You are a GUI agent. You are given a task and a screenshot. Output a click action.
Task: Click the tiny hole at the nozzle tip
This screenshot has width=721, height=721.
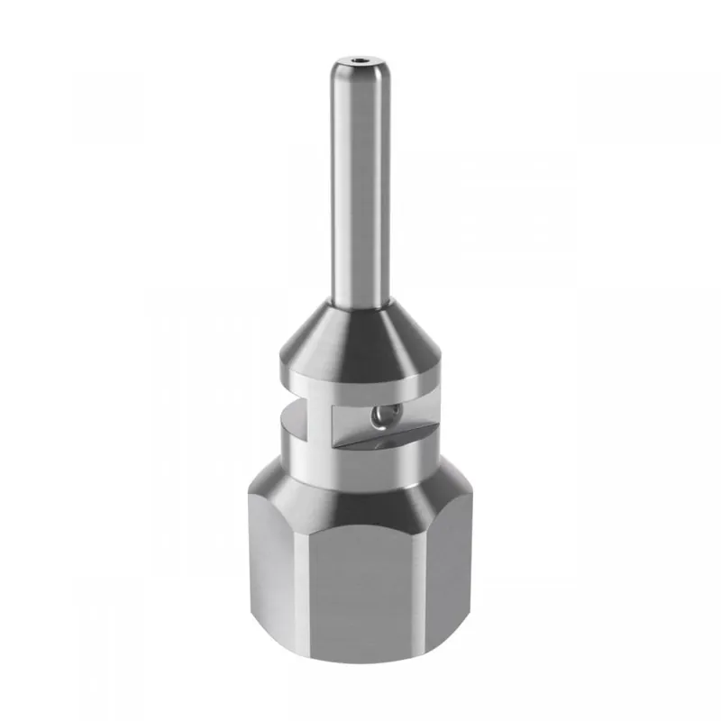coord(360,64)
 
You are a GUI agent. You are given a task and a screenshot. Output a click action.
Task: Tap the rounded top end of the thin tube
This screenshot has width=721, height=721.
coord(360,70)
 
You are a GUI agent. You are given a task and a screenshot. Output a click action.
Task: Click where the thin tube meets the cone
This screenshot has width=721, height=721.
coord(360,301)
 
